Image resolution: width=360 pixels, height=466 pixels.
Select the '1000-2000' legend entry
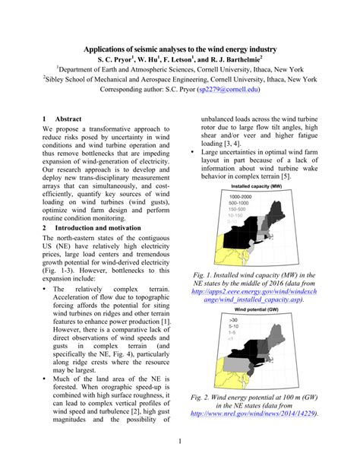(x=236, y=198)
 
